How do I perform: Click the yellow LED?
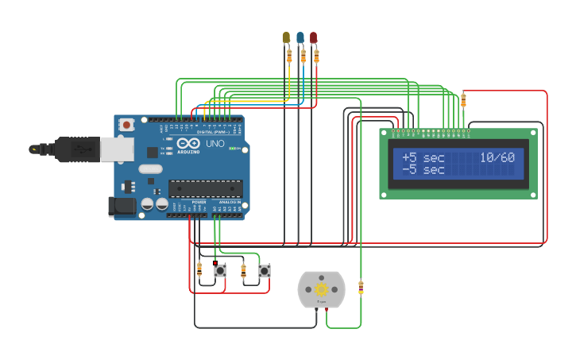[286, 37]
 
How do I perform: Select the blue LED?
[300, 37]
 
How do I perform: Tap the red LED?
[314, 37]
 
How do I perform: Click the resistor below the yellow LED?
[289, 55]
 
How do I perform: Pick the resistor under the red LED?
[317, 56]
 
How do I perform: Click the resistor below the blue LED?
[303, 56]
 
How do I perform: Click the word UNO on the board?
[215, 144]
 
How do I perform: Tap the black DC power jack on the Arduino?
[122, 206]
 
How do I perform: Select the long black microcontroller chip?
[205, 188]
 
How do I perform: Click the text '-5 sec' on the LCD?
[423, 170]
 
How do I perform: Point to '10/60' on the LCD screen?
[497, 157]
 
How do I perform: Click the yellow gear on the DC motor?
[322, 289]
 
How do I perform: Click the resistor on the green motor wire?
[361, 287]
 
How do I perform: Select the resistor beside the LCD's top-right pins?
[463, 100]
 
